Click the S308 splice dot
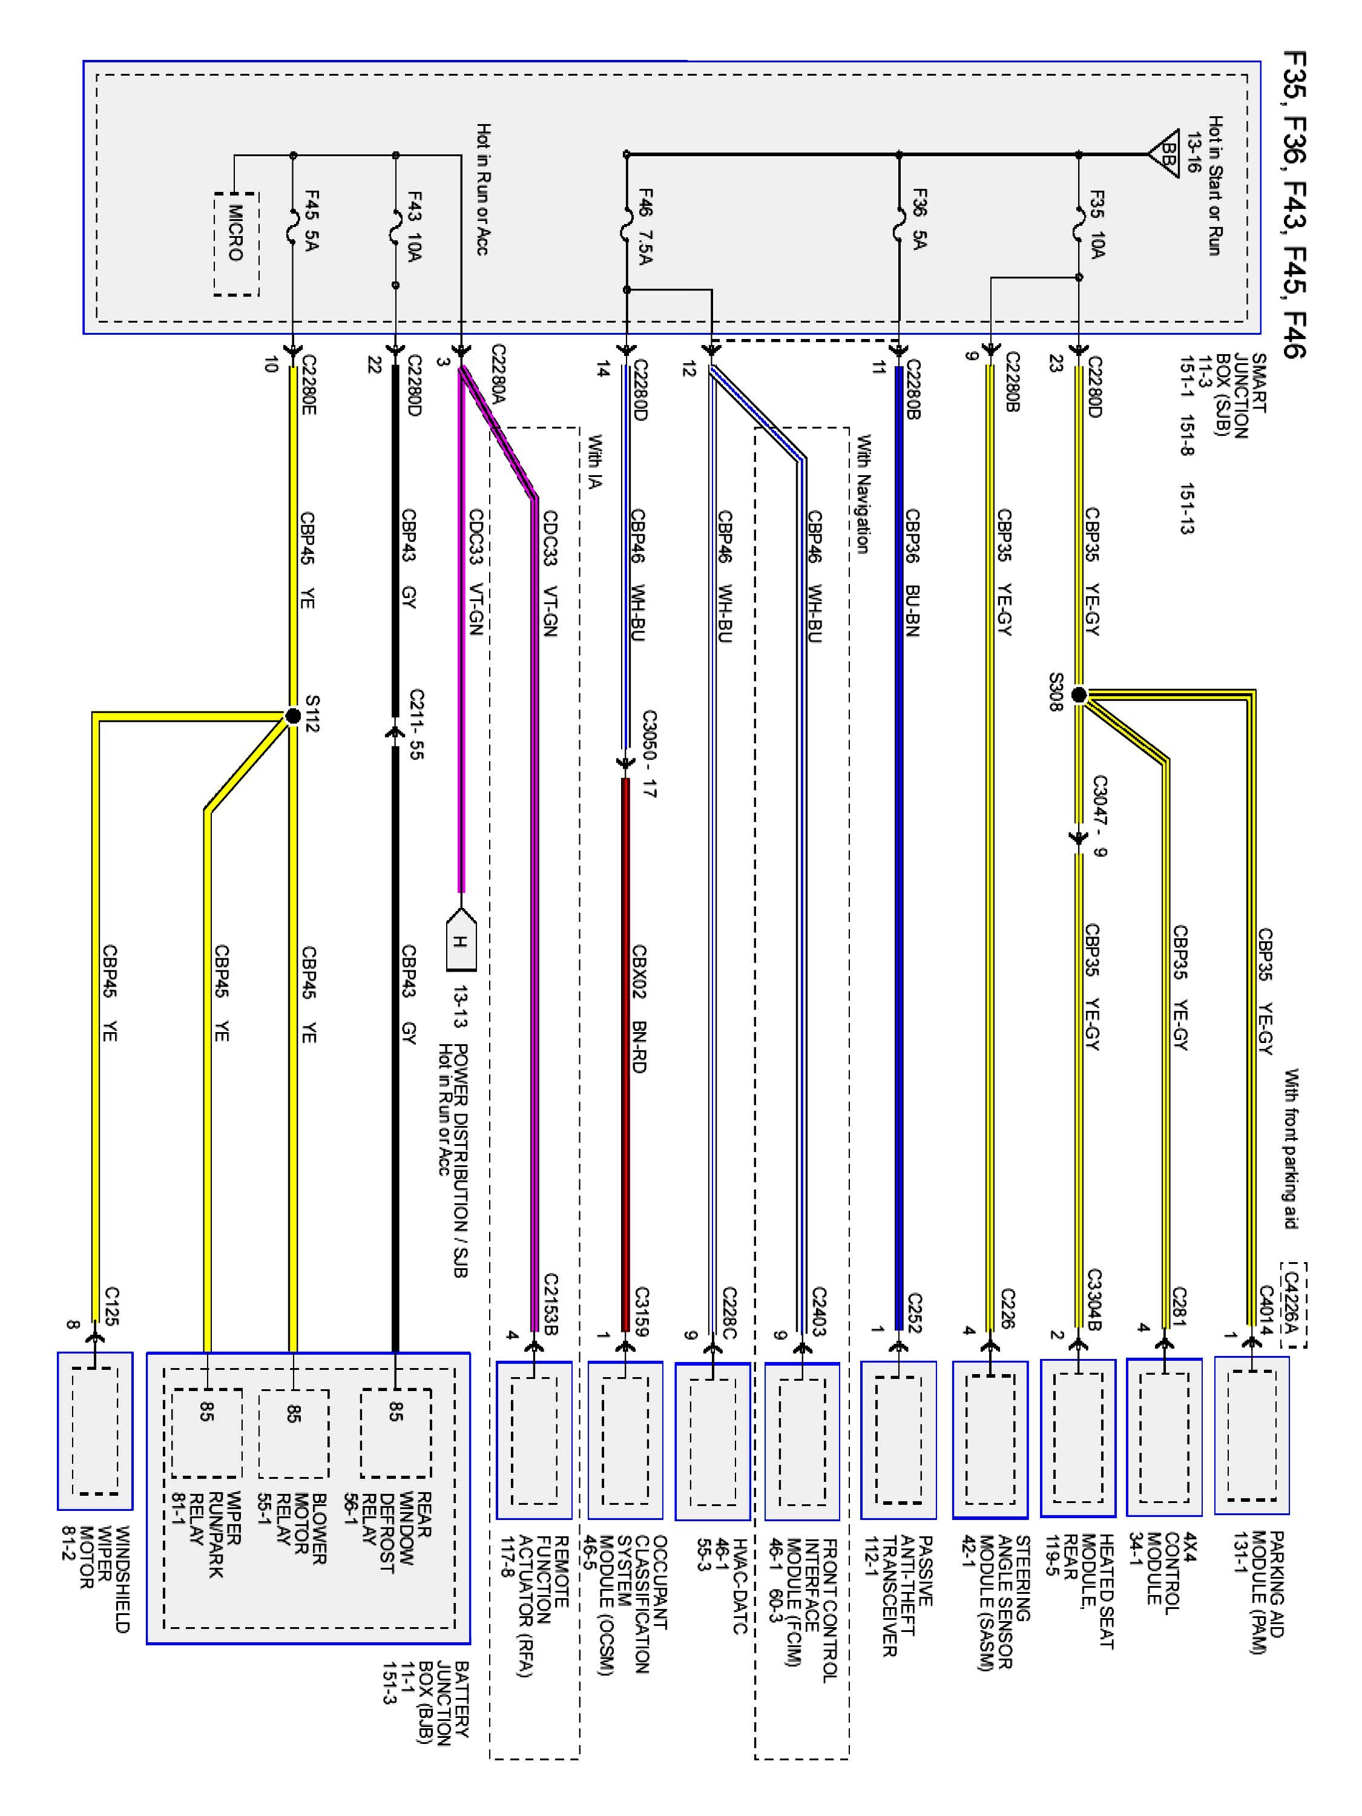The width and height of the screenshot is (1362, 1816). coord(1079,696)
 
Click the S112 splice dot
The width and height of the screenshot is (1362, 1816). coord(293,716)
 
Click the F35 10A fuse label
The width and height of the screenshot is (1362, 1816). coord(1097,224)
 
